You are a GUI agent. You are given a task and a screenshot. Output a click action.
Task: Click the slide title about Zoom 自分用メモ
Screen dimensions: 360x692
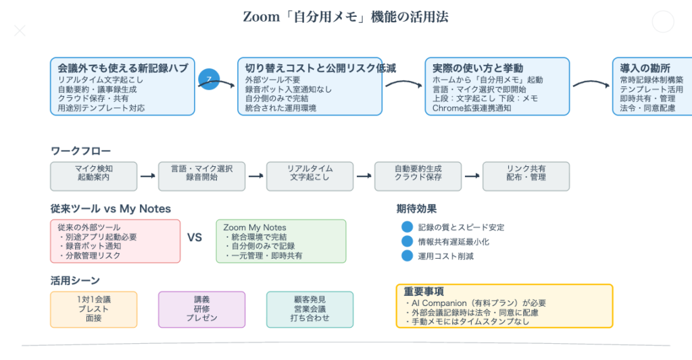tap(345, 17)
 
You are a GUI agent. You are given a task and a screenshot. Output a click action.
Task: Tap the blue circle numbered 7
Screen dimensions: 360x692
tap(209, 80)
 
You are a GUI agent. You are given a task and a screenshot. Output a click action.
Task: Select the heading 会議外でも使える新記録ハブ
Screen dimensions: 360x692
tap(122, 68)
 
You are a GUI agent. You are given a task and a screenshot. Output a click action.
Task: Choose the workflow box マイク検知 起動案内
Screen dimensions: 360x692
tap(93, 176)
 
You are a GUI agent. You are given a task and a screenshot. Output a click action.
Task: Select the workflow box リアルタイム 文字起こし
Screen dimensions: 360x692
tap(310, 176)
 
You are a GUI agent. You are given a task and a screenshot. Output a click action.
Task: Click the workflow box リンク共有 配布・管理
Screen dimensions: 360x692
tap(526, 176)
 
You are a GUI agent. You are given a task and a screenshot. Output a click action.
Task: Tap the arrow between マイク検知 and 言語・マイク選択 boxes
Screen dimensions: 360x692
tap(147, 176)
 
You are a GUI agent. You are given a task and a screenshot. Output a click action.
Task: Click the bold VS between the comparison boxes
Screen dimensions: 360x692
tap(195, 238)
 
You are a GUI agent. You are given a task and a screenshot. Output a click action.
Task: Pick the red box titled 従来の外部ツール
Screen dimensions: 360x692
tap(116, 241)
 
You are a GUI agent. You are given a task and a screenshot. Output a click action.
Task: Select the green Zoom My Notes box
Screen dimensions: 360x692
tap(280, 241)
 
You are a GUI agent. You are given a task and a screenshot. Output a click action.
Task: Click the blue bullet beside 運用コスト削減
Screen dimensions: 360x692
tap(407, 256)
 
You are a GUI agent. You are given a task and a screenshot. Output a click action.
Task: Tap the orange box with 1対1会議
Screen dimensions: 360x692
tap(93, 309)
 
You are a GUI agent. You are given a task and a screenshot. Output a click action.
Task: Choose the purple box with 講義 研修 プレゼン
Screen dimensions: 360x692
tap(201, 309)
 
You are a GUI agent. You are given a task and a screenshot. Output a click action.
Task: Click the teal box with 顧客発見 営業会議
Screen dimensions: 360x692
tap(310, 309)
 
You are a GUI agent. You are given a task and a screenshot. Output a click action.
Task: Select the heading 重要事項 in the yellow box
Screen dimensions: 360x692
tap(424, 292)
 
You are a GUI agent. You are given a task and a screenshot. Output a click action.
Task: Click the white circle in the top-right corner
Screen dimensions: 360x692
tap(663, 22)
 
